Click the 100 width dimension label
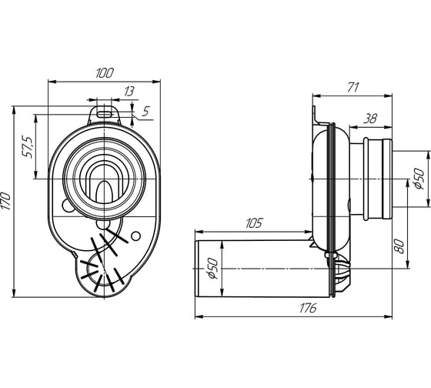click(x=105, y=73)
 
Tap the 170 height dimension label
click(x=6, y=201)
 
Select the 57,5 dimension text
click(x=28, y=147)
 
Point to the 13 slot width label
click(x=129, y=92)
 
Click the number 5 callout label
click(x=145, y=111)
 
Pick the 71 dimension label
click(x=353, y=88)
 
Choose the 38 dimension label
click(x=370, y=119)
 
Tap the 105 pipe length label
click(x=254, y=223)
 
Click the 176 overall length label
click(x=308, y=308)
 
